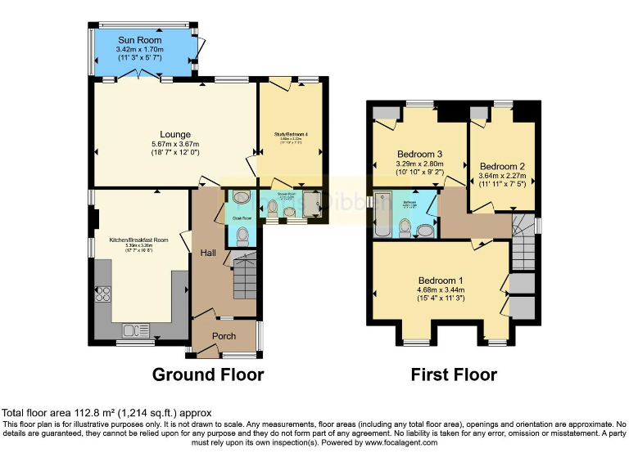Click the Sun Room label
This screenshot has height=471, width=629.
(x=139, y=40)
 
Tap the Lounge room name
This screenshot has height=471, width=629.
(x=175, y=135)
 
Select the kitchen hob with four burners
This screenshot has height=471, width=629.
(x=104, y=294)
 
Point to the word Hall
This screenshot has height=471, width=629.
(x=208, y=253)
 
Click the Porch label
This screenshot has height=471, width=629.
(x=224, y=336)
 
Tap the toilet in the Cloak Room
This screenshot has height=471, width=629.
(x=242, y=236)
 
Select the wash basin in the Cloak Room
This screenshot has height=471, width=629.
(x=241, y=197)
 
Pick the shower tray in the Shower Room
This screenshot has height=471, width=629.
(x=312, y=211)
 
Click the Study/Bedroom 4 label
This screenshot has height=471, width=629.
(x=292, y=133)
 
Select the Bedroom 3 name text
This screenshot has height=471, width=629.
(x=420, y=154)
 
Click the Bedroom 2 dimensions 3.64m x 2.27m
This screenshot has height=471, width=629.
(x=501, y=174)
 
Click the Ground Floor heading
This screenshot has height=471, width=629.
(x=208, y=375)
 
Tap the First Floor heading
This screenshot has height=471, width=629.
(x=454, y=375)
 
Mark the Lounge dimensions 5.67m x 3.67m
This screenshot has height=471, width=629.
(x=175, y=144)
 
